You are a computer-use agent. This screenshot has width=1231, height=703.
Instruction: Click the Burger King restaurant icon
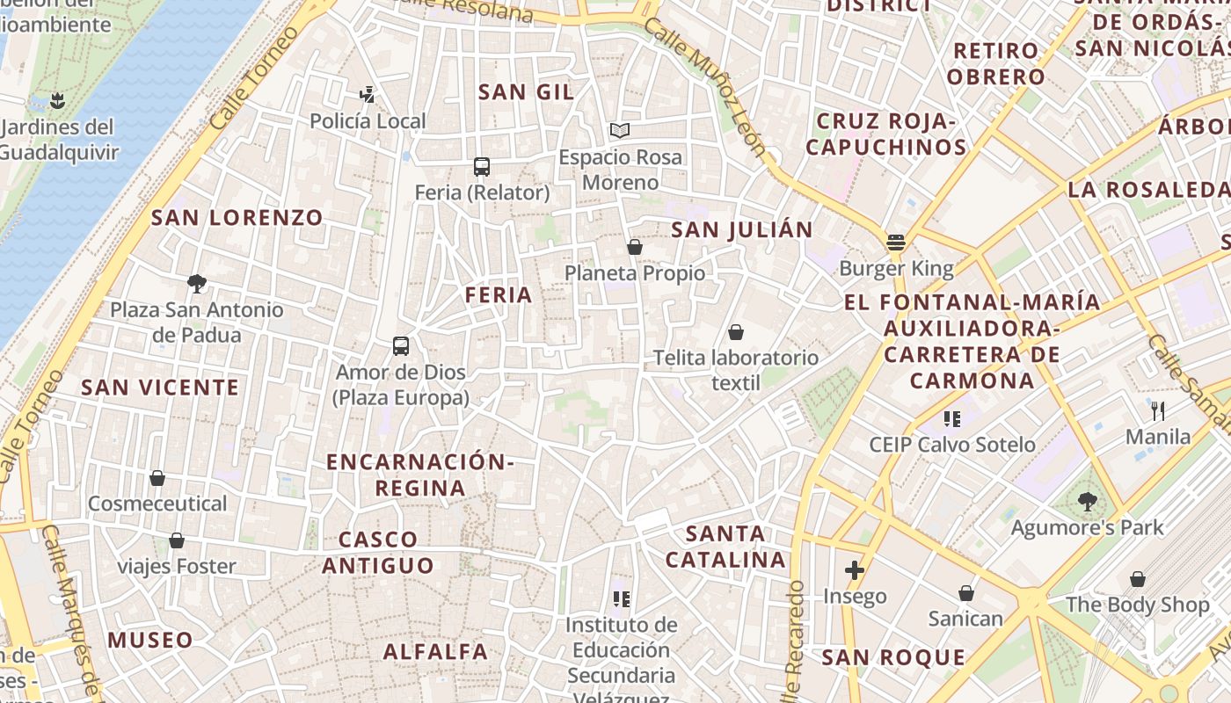click(x=896, y=242)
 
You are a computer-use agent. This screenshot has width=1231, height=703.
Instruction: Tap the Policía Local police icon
click(x=368, y=94)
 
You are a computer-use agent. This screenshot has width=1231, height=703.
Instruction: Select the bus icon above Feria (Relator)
click(x=481, y=166)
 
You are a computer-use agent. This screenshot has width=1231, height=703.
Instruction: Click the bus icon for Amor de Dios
click(x=401, y=345)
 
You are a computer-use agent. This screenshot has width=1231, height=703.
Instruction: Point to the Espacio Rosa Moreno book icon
click(x=620, y=131)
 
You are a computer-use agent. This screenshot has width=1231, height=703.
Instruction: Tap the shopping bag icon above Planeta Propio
click(x=634, y=247)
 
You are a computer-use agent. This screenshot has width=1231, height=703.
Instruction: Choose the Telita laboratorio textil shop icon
click(x=735, y=332)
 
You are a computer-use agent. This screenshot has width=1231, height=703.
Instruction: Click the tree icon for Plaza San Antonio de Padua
click(x=196, y=283)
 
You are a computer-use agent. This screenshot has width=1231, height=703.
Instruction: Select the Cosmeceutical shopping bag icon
click(x=157, y=478)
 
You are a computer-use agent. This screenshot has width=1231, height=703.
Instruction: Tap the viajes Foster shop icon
click(x=177, y=540)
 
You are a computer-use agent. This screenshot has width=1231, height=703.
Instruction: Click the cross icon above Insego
click(x=854, y=570)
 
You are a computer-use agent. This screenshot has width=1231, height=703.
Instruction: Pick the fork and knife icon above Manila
click(x=1158, y=410)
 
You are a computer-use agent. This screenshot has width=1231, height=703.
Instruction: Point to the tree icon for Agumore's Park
click(x=1087, y=502)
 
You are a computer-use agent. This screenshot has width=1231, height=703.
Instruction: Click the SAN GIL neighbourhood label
click(x=526, y=92)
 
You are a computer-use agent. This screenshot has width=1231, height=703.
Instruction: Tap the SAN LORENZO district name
click(x=237, y=218)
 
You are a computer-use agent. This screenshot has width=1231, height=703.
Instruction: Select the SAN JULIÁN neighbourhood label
click(x=742, y=230)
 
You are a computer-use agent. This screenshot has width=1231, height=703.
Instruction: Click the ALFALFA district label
click(x=435, y=652)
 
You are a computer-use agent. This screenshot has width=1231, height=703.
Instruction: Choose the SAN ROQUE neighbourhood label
click(x=893, y=657)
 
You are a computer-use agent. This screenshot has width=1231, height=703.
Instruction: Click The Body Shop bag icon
click(x=1138, y=579)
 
